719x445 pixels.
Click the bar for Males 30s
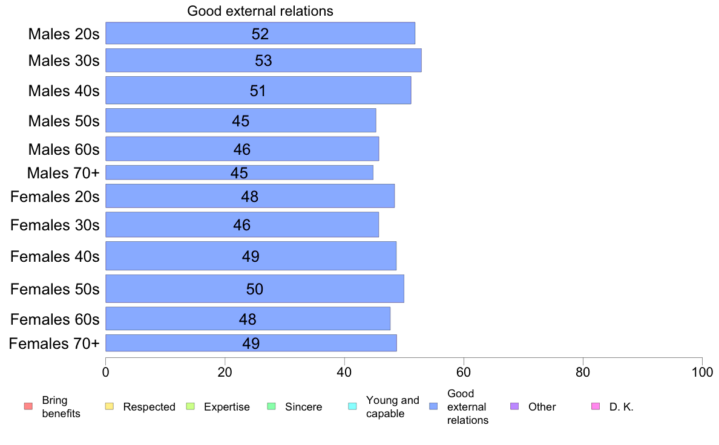tap(263, 60)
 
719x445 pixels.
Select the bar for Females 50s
tap(254, 289)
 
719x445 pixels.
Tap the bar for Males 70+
tap(239, 172)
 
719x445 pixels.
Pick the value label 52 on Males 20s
tap(260, 34)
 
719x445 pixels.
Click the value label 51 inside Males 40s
tap(258, 91)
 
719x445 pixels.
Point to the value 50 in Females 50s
tap(254, 289)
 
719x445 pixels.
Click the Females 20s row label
tap(55, 197)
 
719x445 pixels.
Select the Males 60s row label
tap(64, 149)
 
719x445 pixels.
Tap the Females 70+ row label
tap(54, 343)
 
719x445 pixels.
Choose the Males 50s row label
tap(64, 121)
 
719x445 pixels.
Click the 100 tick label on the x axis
tap(702, 371)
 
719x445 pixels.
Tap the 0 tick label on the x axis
tap(106, 371)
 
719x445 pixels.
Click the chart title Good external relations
tap(260, 11)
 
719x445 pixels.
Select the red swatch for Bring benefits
tap(28, 406)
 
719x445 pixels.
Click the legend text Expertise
tap(227, 407)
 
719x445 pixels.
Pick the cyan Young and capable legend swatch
tap(353, 406)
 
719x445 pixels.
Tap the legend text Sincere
tap(304, 407)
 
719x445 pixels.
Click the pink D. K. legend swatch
tap(596, 406)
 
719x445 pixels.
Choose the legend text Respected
tap(149, 407)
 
